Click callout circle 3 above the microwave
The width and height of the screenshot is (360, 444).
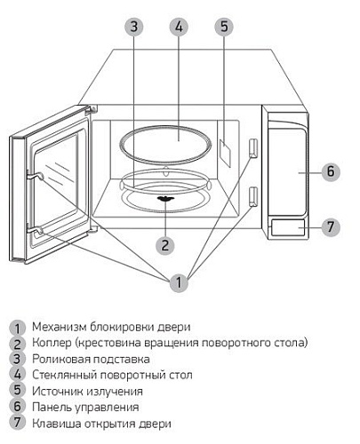[133, 27]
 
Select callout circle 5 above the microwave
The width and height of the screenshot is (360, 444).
[224, 27]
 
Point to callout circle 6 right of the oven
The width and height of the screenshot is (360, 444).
[330, 171]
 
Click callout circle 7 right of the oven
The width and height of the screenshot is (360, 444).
[330, 226]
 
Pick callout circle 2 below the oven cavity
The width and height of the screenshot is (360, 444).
[164, 243]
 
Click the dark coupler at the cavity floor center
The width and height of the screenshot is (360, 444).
[166, 200]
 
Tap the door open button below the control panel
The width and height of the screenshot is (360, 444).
[287, 226]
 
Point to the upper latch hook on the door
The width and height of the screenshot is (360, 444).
[36, 177]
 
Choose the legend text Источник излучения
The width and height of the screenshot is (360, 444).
[86, 391]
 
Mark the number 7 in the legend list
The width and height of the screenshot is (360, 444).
[17, 424]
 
